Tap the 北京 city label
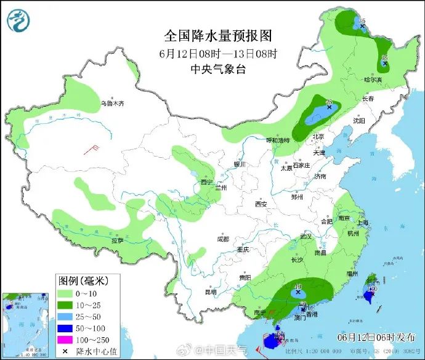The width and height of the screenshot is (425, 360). click(318, 136)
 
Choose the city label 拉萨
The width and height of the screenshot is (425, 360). click(118, 240)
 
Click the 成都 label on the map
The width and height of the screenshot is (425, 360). click(222, 239)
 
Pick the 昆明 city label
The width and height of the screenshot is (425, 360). click(211, 292)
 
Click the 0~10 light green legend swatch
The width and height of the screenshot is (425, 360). click(70, 293)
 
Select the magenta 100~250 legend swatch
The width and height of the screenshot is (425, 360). click(70, 340)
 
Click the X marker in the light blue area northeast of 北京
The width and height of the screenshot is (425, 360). click(330, 107)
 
